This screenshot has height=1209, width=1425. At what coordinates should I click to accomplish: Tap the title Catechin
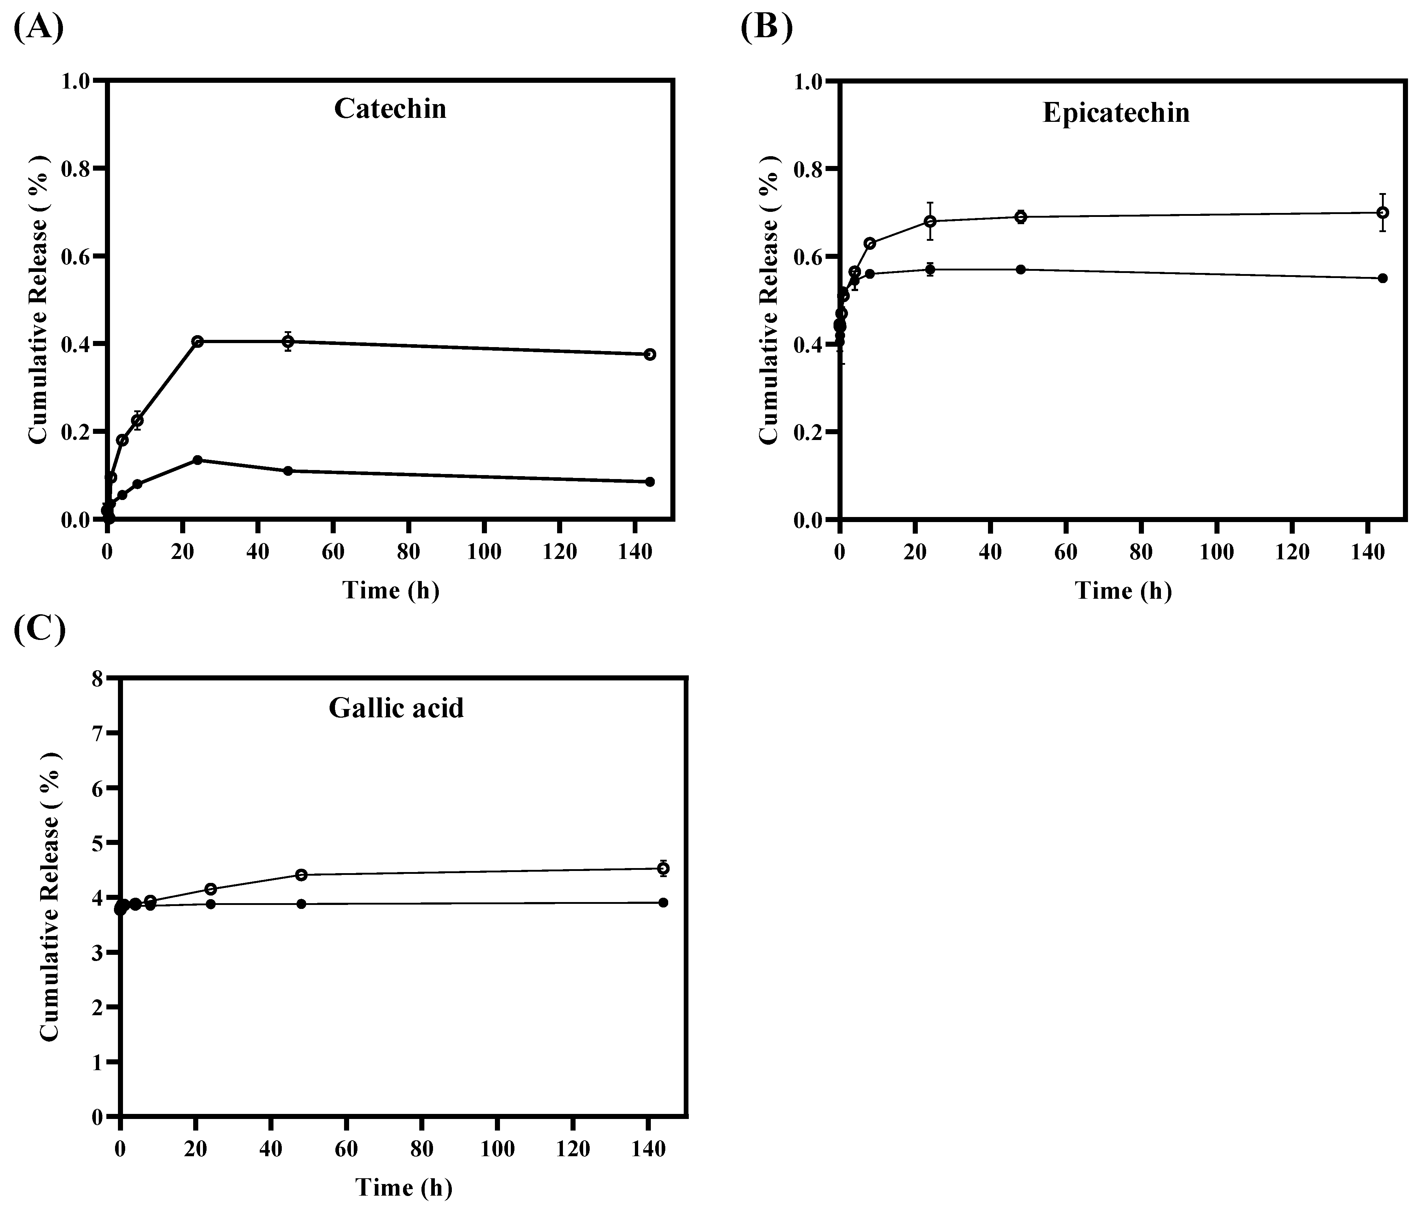pyautogui.click(x=390, y=109)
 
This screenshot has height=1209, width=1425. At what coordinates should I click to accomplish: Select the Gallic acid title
pyautogui.click(x=396, y=707)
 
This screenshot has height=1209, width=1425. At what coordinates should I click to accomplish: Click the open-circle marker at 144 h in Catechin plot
pyautogui.click(x=649, y=354)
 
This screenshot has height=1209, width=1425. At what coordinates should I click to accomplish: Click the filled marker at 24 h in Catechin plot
pyautogui.click(x=198, y=460)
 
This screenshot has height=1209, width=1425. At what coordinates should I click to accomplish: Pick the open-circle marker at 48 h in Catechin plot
pyautogui.click(x=288, y=341)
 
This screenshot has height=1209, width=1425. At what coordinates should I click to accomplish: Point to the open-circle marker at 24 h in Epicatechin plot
pyautogui.click(x=930, y=221)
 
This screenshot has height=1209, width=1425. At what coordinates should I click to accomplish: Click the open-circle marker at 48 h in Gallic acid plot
pyautogui.click(x=301, y=875)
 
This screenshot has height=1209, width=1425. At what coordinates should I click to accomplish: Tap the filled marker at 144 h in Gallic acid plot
pyautogui.click(x=663, y=903)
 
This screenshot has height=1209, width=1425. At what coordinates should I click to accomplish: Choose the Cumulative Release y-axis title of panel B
pyautogui.click(x=769, y=299)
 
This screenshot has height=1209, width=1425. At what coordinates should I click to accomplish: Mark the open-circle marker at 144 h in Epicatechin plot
pyautogui.click(x=1382, y=213)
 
